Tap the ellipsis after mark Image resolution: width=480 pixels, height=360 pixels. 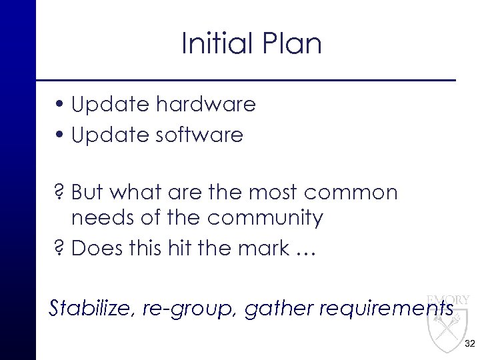(305, 252)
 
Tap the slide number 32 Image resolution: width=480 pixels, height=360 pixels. (469, 343)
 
